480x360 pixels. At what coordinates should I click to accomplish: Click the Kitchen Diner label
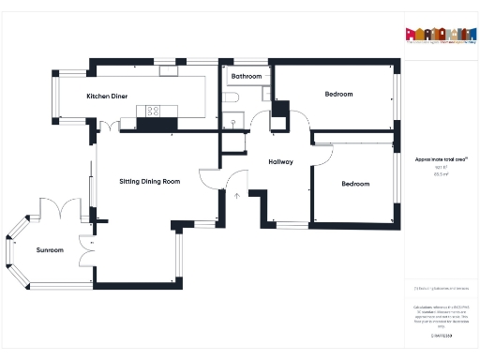pos(106,97)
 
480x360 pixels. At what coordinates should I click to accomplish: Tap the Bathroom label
pos(247,76)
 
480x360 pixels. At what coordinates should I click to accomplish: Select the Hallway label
pos(280,161)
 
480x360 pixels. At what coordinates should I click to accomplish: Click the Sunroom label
pos(50,250)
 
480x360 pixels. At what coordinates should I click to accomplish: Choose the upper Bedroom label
pos(338,94)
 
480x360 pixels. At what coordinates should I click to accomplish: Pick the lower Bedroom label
pos(355,184)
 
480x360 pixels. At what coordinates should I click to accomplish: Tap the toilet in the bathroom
pos(232,97)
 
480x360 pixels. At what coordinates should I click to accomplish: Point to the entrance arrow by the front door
pos(236,197)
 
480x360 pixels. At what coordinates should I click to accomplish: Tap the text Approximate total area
pos(434,159)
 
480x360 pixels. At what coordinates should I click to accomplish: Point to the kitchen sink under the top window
pos(169,69)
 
